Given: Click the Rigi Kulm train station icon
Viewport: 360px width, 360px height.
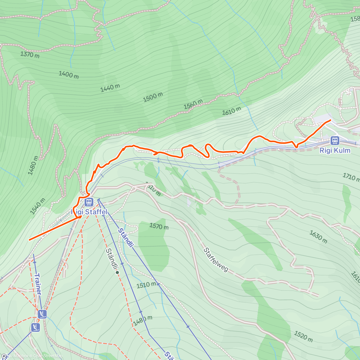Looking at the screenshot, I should (334, 140).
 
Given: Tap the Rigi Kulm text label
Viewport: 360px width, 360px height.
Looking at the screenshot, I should (335, 150).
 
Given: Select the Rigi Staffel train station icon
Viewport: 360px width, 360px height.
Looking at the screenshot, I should (88, 202).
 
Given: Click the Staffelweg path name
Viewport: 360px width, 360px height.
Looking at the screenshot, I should (216, 260).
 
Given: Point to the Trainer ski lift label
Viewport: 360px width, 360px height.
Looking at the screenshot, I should (38, 284).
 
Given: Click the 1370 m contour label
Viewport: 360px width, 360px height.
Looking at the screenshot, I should (30, 54).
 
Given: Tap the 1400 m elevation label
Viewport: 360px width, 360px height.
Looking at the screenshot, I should (69, 74).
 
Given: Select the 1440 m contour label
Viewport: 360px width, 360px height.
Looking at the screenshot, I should (110, 88).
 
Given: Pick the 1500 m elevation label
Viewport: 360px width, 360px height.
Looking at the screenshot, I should (153, 97).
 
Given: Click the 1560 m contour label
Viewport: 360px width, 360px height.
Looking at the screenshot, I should (193, 104).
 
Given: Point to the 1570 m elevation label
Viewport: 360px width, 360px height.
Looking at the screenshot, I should (159, 226).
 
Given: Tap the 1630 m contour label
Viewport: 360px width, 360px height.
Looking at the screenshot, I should (318, 237).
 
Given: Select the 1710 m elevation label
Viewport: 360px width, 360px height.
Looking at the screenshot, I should (351, 177).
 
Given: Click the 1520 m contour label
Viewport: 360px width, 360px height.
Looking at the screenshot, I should (303, 336).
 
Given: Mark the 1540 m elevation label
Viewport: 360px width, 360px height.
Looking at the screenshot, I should (38, 206).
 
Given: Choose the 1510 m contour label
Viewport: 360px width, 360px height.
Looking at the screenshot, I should (146, 285).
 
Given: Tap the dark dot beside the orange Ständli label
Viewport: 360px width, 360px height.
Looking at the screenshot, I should (117, 272).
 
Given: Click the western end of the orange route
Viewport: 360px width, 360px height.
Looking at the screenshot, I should (29, 239).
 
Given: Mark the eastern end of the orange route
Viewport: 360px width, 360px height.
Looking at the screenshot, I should (330, 120).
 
